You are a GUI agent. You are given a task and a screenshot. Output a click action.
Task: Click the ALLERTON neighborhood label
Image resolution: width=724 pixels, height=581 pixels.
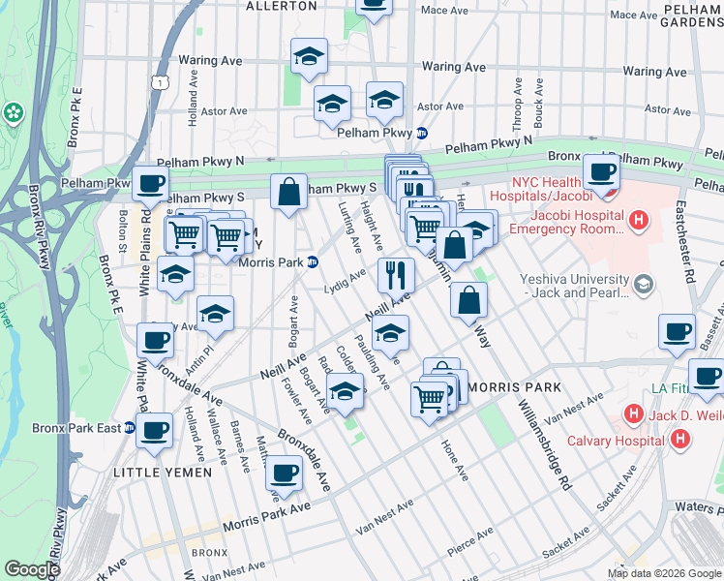[281, 6]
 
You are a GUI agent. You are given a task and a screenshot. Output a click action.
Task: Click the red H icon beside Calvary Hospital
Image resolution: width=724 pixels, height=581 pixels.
[680, 439]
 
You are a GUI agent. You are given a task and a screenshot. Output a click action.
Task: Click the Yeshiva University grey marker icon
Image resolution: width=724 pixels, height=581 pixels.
[645, 283]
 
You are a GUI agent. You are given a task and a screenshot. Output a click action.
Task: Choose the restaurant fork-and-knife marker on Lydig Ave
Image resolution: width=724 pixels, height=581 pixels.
[396, 275]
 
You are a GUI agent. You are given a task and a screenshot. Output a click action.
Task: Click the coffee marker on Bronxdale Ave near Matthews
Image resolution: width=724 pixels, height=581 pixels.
[284, 473]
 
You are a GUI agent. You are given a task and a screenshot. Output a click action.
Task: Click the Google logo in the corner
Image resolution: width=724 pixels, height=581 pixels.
[33, 569]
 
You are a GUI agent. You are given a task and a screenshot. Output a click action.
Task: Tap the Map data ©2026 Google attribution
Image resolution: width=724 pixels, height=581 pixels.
[664, 573]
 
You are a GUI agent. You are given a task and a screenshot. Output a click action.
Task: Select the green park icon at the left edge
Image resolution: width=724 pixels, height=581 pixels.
[15, 113]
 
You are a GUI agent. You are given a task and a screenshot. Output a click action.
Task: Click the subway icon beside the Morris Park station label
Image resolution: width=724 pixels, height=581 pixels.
[313, 261]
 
